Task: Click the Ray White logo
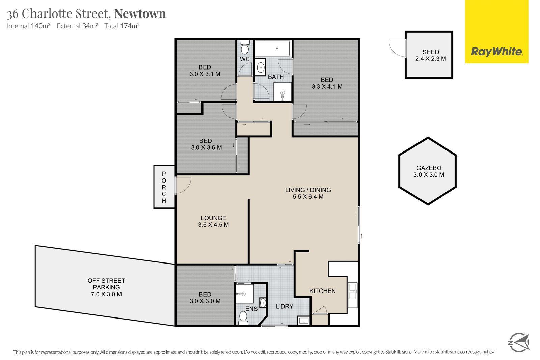(x=496, y=52)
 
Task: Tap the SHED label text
(x=431, y=52)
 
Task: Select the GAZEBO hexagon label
(x=429, y=168)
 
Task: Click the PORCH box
(x=164, y=187)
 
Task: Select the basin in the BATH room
(x=261, y=68)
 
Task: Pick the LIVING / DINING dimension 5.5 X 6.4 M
(x=308, y=196)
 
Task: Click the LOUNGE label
(x=213, y=218)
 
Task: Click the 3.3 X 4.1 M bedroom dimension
(x=327, y=87)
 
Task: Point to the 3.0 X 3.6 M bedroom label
(x=206, y=147)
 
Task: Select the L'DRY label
(x=285, y=307)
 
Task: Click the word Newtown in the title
(x=140, y=13)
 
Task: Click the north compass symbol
(x=518, y=342)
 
